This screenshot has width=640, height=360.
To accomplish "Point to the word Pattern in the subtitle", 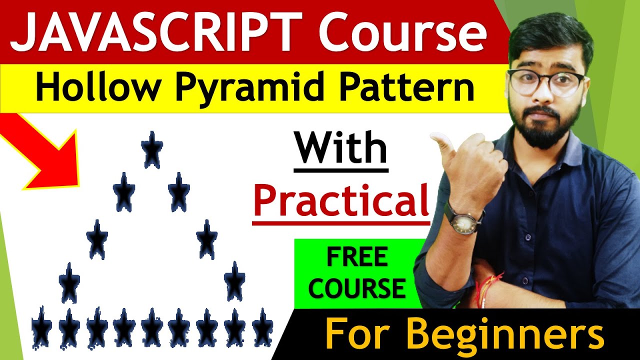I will [x=397, y=88].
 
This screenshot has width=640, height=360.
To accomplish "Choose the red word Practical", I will [x=341, y=200].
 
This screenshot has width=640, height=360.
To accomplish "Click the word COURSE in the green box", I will [x=356, y=288].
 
